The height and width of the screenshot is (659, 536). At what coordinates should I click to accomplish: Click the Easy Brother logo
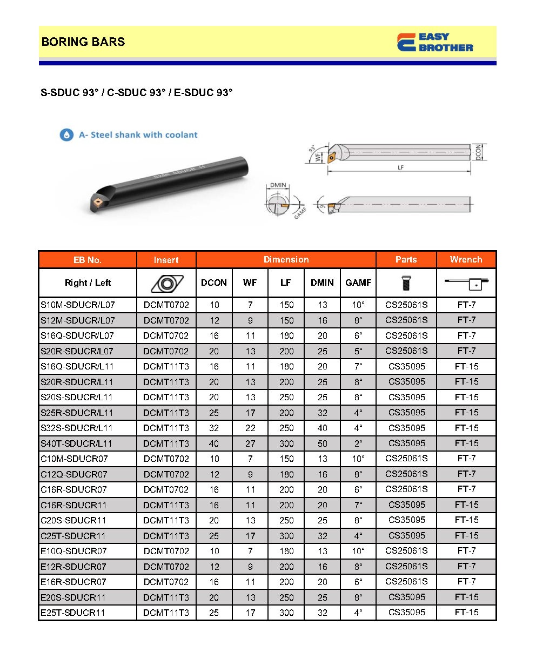tap(435, 42)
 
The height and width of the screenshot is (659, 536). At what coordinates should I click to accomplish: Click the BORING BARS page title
tap(83, 42)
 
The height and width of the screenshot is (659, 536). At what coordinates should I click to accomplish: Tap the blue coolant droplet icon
tap(66, 135)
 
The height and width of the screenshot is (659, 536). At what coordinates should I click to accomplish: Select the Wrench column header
tap(466, 260)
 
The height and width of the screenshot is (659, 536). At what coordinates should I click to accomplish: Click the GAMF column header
tap(358, 283)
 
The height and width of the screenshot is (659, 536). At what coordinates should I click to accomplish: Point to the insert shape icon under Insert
tap(166, 283)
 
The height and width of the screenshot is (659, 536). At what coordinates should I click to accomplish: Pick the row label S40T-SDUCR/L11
tap(77, 443)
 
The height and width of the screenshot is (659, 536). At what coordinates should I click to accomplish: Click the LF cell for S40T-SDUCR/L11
tap(286, 443)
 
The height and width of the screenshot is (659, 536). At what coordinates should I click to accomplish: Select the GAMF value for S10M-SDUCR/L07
tap(358, 305)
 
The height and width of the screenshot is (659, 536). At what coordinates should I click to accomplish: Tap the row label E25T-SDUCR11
tap(73, 613)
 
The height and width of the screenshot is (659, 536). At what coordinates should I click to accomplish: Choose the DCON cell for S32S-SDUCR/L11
tap(214, 428)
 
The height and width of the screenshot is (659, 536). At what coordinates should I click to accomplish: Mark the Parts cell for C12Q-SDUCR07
tap(406, 474)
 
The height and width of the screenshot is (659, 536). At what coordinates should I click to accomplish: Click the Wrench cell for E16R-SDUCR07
tap(466, 582)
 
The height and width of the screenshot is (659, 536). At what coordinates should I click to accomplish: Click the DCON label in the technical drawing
tap(478, 152)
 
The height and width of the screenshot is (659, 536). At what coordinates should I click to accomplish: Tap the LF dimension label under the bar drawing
tap(400, 168)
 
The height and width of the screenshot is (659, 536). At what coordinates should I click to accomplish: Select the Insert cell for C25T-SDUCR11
tap(166, 536)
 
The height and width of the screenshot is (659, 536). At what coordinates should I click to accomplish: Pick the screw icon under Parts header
tap(406, 283)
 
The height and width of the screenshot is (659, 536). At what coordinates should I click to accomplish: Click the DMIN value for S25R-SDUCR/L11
tap(322, 413)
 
